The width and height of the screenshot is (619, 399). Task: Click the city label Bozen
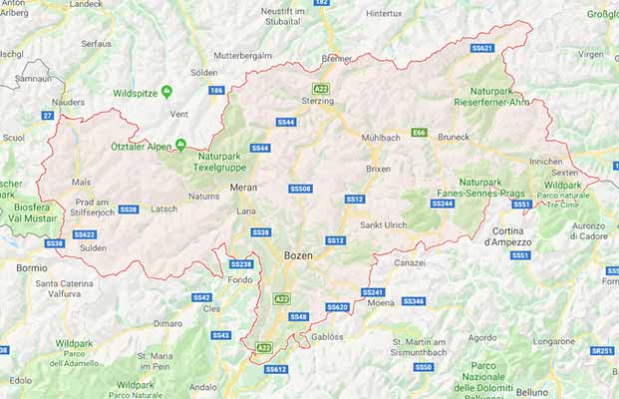click(x=298, y=255)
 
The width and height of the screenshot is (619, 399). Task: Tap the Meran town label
click(x=243, y=187)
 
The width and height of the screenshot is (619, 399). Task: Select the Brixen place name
click(x=378, y=169)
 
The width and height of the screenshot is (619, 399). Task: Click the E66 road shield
click(x=420, y=132)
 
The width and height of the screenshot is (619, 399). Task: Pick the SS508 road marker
click(x=300, y=188)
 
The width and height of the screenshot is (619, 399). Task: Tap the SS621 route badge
click(x=482, y=47)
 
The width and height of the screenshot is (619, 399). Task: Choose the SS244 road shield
click(x=443, y=203)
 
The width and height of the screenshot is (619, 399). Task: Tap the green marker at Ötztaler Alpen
click(x=180, y=144)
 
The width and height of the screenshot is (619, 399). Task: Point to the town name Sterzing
click(x=317, y=101)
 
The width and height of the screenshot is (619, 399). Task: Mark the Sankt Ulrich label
click(x=383, y=224)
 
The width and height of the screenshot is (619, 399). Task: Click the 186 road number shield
click(x=216, y=90)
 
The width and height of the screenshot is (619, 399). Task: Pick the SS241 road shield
click(x=373, y=292)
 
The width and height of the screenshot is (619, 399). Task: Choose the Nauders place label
click(x=68, y=102)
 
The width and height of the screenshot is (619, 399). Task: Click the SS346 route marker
click(x=413, y=300)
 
